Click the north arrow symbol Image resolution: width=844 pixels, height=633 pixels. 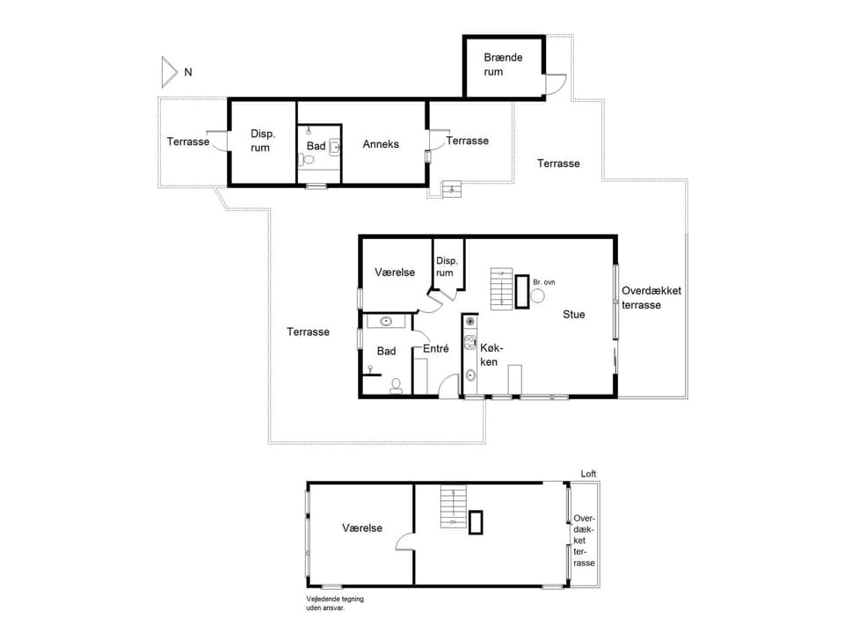170,72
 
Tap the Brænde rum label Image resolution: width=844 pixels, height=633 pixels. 503,64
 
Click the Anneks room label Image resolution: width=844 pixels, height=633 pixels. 381,144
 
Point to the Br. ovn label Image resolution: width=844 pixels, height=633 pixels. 544,282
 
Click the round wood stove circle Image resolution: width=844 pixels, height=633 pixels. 537,296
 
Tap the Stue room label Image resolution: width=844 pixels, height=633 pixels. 574,314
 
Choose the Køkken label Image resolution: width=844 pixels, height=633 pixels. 490,355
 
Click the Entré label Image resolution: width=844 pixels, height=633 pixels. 436,349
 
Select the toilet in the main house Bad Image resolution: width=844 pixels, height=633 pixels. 397,384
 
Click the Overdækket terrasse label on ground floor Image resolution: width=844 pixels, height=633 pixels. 651,297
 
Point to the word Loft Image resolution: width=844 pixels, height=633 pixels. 588,474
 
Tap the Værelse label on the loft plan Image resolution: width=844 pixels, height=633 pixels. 362,528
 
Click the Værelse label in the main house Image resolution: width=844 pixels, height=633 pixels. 395,273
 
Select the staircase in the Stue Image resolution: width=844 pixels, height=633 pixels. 501,289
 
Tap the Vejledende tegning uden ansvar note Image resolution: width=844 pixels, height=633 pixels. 334,603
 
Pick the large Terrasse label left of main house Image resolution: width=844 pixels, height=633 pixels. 308,331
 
